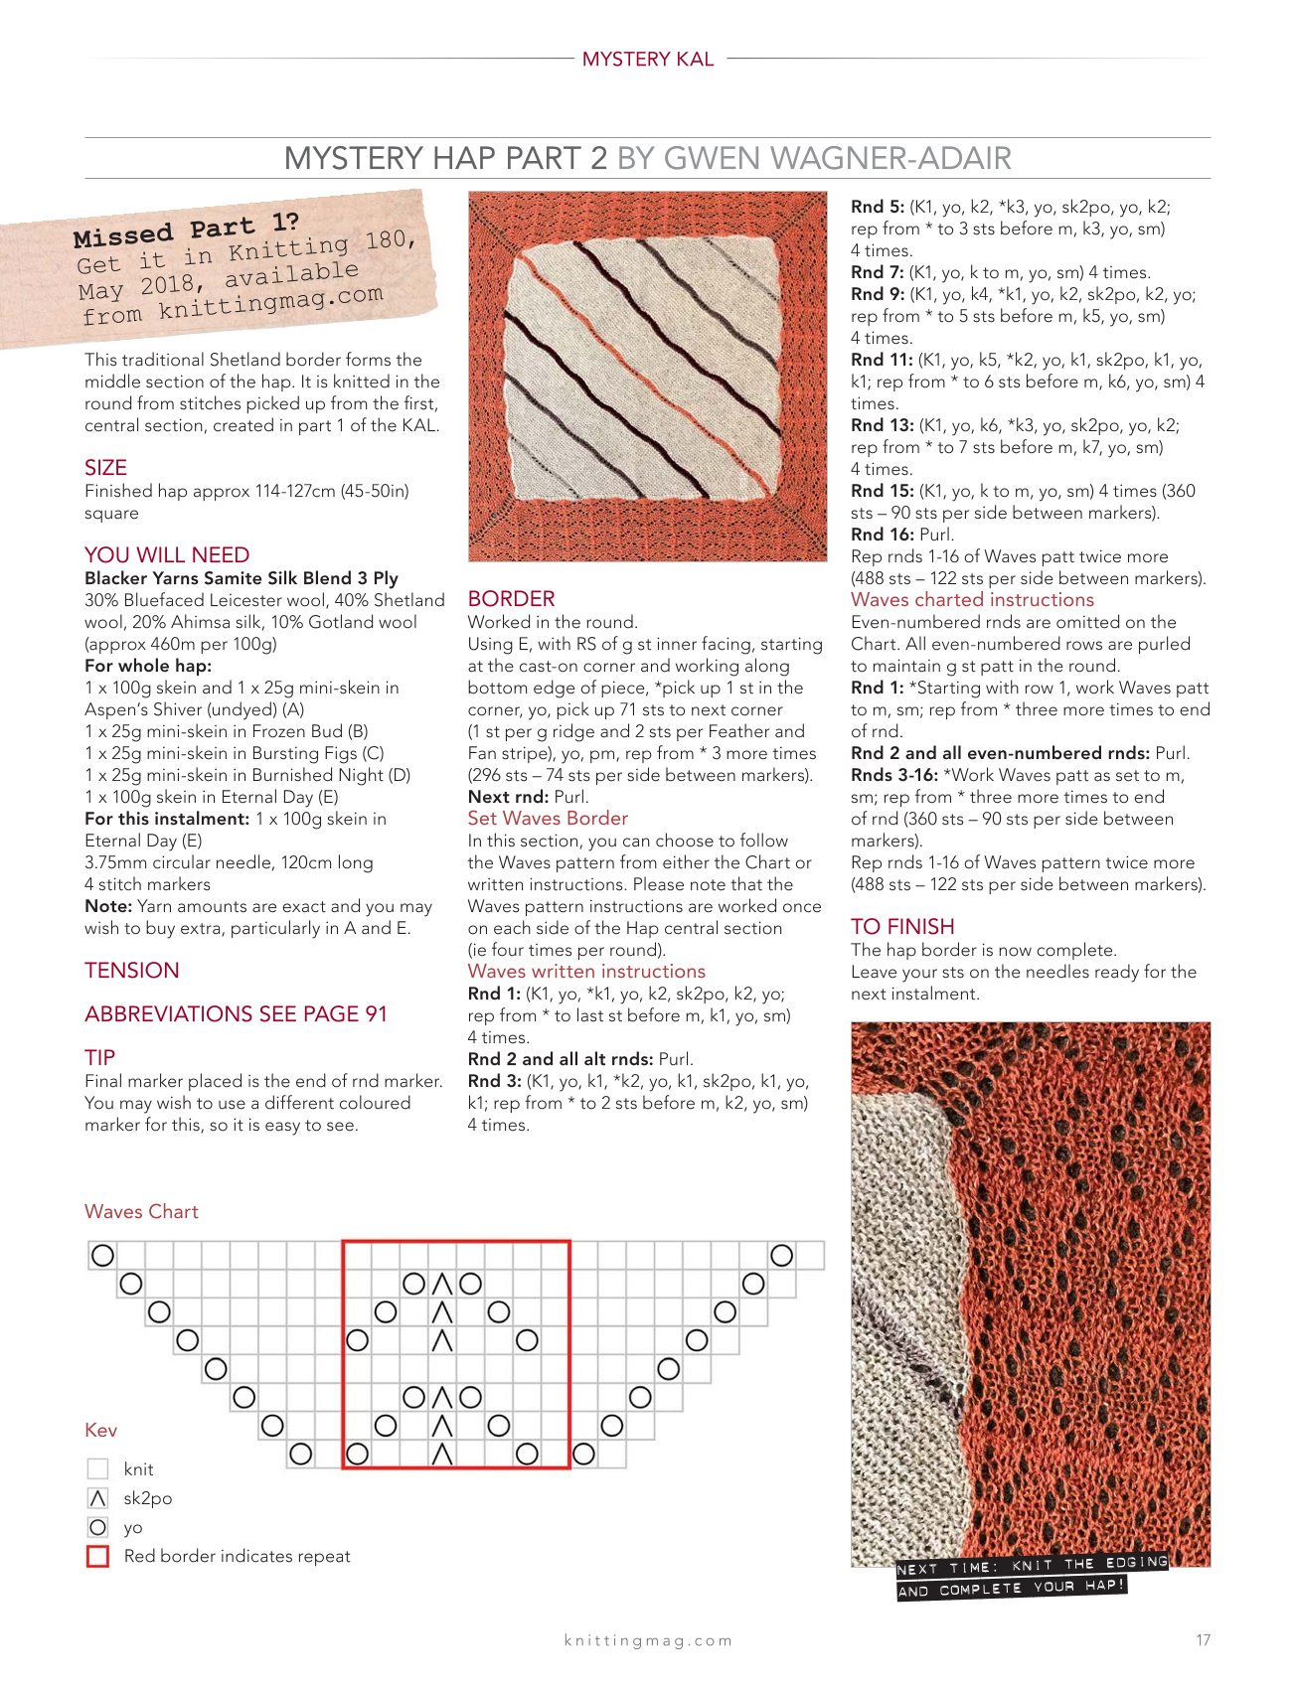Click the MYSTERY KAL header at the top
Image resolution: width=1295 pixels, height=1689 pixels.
pos(648,60)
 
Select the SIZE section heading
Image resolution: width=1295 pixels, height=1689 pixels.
pos(105,468)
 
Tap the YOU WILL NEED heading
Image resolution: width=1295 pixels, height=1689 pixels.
pos(167,555)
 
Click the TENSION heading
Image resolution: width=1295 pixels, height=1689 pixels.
pos(132,971)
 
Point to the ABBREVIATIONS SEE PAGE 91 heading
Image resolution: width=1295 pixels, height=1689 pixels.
pos(236,1014)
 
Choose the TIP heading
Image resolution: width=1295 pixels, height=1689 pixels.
pos(99,1057)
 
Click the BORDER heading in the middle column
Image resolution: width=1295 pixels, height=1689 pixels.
pos(511,599)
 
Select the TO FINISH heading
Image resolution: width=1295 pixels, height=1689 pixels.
pos(902,927)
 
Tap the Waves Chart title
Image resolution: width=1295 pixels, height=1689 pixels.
pos(141,1212)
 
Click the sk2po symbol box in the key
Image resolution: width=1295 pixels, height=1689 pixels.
pos(97,1498)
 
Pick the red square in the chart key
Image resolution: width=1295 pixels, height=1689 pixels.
pos(97,1557)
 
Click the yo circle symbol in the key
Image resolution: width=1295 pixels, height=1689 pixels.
pos(97,1527)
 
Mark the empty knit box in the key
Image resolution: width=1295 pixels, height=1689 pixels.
pos(97,1468)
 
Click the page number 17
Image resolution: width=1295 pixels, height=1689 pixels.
pos(1204,1640)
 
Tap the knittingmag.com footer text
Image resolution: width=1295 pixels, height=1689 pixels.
pos(648,1641)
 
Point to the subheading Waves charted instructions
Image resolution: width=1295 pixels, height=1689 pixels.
pos(972,600)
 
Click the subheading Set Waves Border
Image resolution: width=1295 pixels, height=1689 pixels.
pos(548,819)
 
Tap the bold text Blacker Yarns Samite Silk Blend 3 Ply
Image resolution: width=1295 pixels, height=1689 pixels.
pos(242,578)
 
